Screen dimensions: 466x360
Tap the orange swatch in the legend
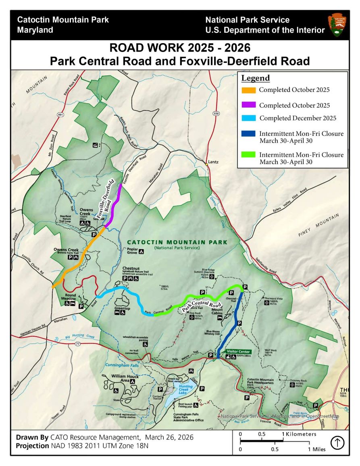point(248,90)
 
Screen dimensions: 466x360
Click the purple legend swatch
point(248,105)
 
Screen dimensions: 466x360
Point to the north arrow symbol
point(337,443)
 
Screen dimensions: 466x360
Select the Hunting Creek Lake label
point(186,389)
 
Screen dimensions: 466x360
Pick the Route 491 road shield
point(61,114)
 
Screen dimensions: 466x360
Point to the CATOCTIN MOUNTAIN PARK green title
point(177,242)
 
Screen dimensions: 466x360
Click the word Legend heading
point(255,78)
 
